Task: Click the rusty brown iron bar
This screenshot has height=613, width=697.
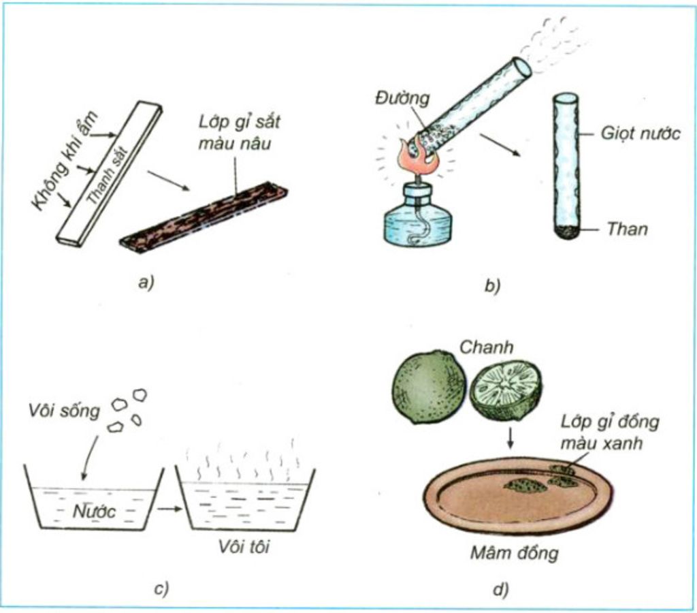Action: (204, 217)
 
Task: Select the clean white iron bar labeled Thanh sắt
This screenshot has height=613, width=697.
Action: (109, 174)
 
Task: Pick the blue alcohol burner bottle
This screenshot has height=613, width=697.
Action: (417, 217)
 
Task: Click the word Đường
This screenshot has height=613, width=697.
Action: (402, 99)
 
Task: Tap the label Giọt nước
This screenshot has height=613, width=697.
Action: (640, 133)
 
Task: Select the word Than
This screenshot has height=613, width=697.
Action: (627, 229)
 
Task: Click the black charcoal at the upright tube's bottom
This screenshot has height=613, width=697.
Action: (565, 232)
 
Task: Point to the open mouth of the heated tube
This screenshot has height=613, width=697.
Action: (523, 66)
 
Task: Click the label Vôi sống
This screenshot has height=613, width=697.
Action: (65, 411)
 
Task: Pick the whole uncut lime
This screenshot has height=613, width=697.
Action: (428, 387)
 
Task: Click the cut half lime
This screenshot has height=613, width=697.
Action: (506, 389)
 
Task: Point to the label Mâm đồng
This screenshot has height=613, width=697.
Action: (514, 552)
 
